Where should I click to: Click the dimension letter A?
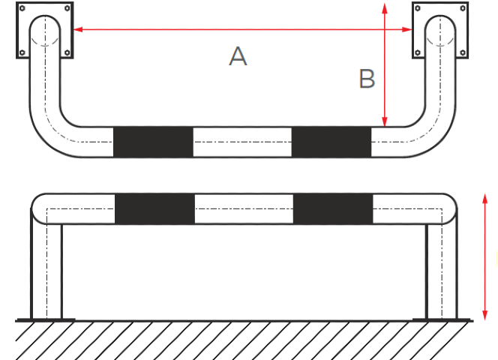(238, 56)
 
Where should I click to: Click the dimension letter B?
(367, 79)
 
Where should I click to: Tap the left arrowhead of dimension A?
(78, 29)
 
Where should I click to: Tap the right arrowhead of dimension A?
(407, 29)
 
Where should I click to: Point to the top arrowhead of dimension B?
(385, 8)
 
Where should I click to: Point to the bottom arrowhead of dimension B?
(385, 121)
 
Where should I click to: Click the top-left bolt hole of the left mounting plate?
(22, 8)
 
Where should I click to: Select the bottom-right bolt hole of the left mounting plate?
(67, 52)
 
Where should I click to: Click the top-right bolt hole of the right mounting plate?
(463, 8)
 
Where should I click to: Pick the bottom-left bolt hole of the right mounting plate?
(418, 52)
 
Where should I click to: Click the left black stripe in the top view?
(153, 142)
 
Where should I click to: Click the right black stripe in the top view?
(331, 142)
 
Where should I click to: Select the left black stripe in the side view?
(154, 208)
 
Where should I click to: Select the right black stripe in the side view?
(333, 208)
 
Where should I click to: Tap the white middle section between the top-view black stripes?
(242, 142)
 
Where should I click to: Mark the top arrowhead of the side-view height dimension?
(485, 199)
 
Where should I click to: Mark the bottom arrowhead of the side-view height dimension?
(485, 315)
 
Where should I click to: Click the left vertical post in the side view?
(46, 271)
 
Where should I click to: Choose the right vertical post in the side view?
(442, 271)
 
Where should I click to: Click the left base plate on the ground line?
(46, 319)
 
